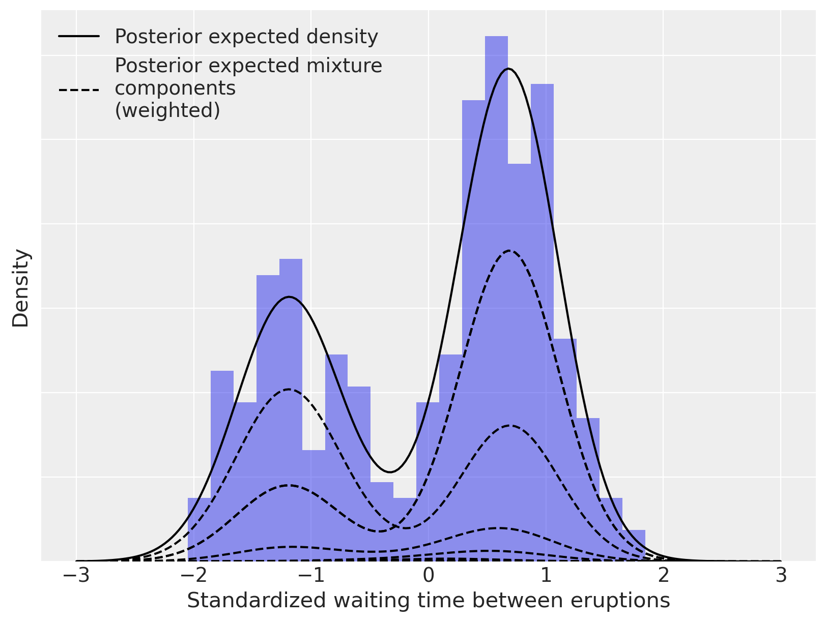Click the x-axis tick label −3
pyautogui.click(x=76, y=576)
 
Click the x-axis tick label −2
pyautogui.click(x=193, y=576)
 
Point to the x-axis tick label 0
pyautogui.click(x=429, y=576)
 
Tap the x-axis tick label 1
pyautogui.click(x=546, y=576)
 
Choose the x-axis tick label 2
pyautogui.click(x=663, y=576)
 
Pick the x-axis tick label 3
pyautogui.click(x=781, y=576)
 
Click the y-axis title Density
pyautogui.click(x=21, y=288)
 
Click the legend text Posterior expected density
pyautogui.click(x=246, y=37)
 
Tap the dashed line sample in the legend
pyautogui.click(x=79, y=91)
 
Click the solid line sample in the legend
pyautogui.click(x=79, y=36)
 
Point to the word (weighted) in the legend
pyautogui.click(x=167, y=110)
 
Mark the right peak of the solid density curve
pyautogui.click(x=508, y=69)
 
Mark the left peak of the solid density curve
pyautogui.click(x=289, y=297)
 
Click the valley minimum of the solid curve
pyautogui.click(x=390, y=472)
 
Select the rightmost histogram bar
pyautogui.click(x=634, y=545)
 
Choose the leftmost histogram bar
pyautogui.click(x=199, y=529)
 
